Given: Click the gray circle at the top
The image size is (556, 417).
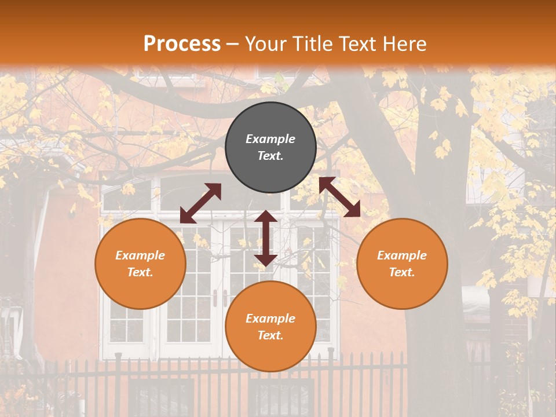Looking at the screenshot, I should (270, 148).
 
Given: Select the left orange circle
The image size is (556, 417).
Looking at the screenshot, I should (140, 264).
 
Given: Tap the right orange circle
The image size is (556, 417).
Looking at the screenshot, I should (402, 264).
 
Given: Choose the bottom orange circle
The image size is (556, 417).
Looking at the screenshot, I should (270, 327).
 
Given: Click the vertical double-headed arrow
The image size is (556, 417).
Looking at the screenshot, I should (266, 238).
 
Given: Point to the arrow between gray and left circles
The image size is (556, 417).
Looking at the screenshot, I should (200, 203).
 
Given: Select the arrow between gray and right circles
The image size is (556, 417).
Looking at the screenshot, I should (339, 197).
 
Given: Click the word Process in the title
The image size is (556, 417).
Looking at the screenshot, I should (182, 43).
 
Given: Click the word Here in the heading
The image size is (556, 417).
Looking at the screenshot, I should (405, 43).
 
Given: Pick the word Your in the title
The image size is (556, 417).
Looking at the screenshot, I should (265, 43).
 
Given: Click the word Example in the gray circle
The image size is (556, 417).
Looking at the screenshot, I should (270, 139).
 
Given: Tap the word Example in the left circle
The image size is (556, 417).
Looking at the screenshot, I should (140, 255).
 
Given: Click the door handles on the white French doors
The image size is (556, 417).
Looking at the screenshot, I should (220, 298).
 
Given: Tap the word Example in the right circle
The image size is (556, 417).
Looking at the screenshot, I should (402, 255).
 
